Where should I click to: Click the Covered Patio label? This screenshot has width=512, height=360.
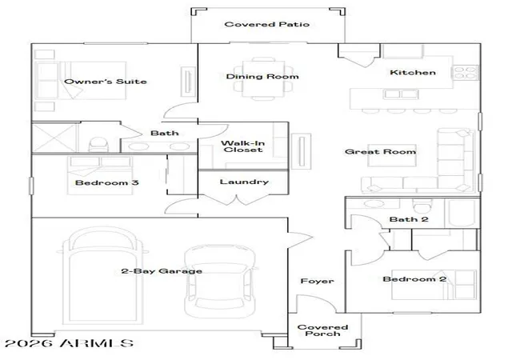click(266, 24)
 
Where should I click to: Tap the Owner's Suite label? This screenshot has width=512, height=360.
click(105, 82)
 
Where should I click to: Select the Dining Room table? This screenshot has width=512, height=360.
click(263, 78)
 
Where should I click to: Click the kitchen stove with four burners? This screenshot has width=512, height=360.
click(466, 73)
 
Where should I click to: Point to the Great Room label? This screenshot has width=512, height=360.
click(381, 151)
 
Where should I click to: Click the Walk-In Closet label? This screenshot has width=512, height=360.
click(243, 146)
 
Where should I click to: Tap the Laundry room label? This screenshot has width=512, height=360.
click(244, 182)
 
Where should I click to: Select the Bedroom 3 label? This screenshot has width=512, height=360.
click(106, 182)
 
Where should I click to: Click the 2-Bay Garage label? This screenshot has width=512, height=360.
click(162, 271)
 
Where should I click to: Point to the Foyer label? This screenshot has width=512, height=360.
click(317, 281)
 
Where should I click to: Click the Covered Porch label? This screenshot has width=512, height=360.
click(322, 330)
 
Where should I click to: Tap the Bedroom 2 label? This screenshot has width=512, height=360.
click(414, 279)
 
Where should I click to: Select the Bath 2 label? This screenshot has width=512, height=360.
click(409, 219)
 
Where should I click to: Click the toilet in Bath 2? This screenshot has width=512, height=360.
click(422, 206)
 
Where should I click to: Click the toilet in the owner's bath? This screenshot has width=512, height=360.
click(98, 145)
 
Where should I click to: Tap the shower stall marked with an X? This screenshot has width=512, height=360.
click(54, 138)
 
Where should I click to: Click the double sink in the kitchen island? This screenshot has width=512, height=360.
click(401, 94)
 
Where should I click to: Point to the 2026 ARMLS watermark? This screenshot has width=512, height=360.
click(70, 343)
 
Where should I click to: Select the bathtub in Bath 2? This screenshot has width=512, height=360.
click(462, 213)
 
